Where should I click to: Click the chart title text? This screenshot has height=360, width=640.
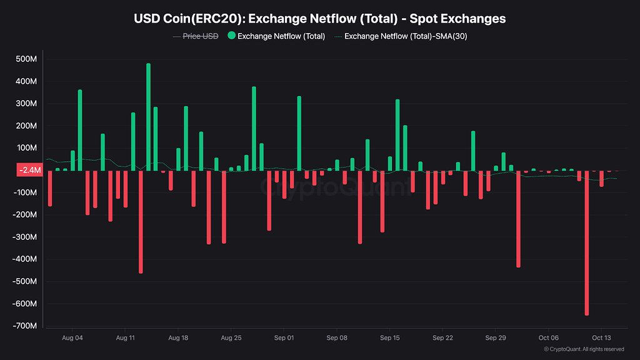(x=320, y=19)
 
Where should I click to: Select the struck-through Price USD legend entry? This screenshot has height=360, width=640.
(x=200, y=36)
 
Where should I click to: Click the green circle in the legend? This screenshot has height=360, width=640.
(x=231, y=36)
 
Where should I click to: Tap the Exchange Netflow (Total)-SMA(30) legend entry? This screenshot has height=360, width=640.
(x=406, y=36)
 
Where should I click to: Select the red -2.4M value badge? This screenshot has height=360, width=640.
(x=29, y=170)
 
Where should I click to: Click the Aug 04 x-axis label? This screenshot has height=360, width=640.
(x=72, y=338)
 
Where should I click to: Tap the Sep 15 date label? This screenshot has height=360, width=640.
(x=389, y=338)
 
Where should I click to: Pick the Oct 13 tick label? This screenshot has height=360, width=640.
(x=601, y=338)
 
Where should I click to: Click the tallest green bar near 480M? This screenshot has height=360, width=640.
(x=148, y=117)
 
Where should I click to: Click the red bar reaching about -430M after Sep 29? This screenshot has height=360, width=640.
(x=518, y=219)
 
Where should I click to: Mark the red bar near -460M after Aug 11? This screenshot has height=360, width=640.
(x=141, y=222)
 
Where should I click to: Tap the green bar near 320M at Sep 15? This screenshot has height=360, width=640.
(x=397, y=134)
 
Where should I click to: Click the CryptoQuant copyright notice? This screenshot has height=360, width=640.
(x=584, y=349)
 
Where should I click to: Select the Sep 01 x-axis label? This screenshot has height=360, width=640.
(x=284, y=338)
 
